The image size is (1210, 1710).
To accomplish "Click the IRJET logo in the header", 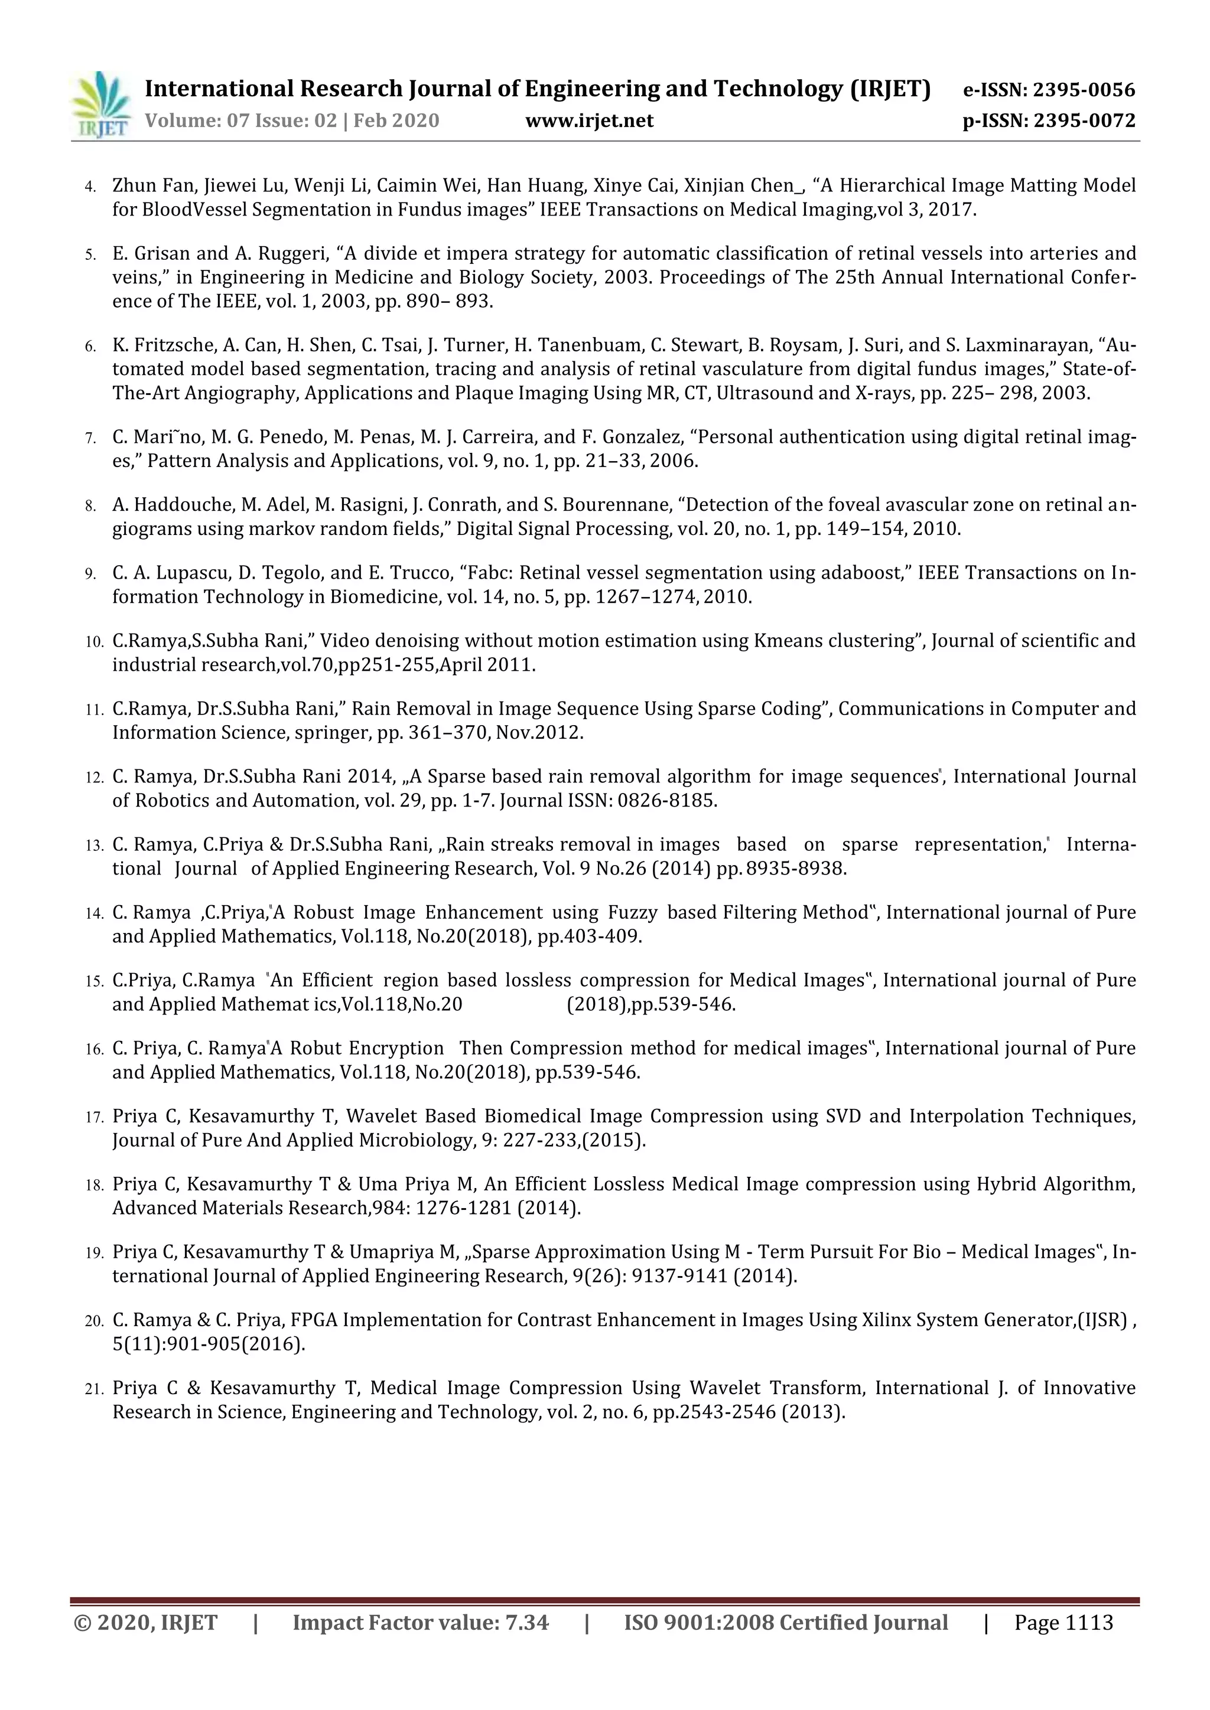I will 100,105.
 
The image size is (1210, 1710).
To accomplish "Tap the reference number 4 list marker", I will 90,186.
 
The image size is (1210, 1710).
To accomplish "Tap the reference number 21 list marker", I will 93,1389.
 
